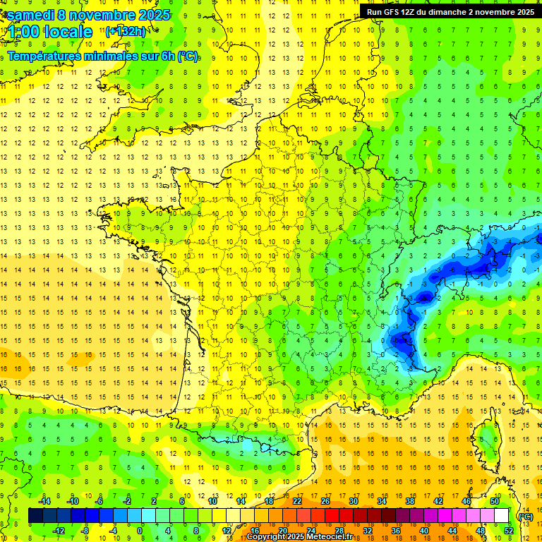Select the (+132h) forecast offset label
[x=126, y=31]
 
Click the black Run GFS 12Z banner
[x=447, y=11]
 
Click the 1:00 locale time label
[x=49, y=32]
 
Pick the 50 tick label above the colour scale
[x=495, y=501]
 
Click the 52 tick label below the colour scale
[x=508, y=531]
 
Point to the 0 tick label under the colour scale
[x=140, y=531]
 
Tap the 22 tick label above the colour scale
[x=297, y=501]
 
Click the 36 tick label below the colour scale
[x=395, y=531]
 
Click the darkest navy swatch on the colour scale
[x=36, y=516]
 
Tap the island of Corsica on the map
[x=486, y=438]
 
